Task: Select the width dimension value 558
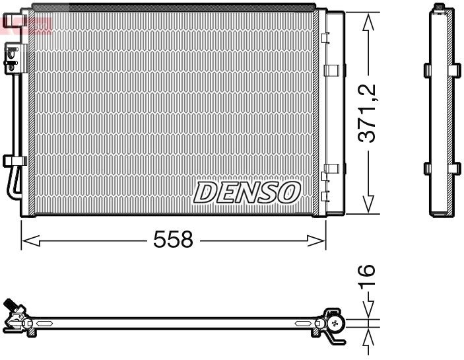[173, 240]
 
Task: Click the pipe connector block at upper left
[11, 56]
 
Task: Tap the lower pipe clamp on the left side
[13, 161]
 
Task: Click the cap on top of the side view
[439, 8]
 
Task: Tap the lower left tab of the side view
[426, 168]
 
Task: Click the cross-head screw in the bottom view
[337, 323]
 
